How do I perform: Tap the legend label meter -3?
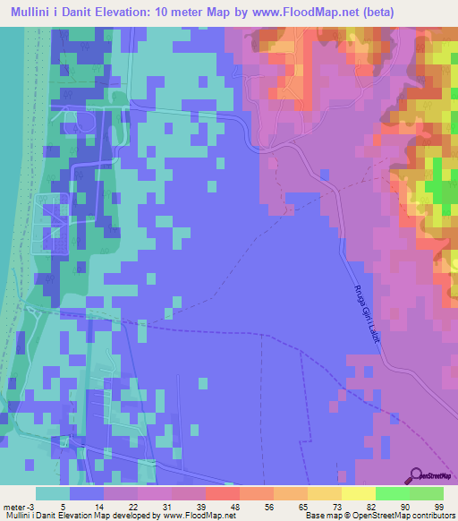15,506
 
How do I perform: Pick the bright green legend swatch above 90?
392,493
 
